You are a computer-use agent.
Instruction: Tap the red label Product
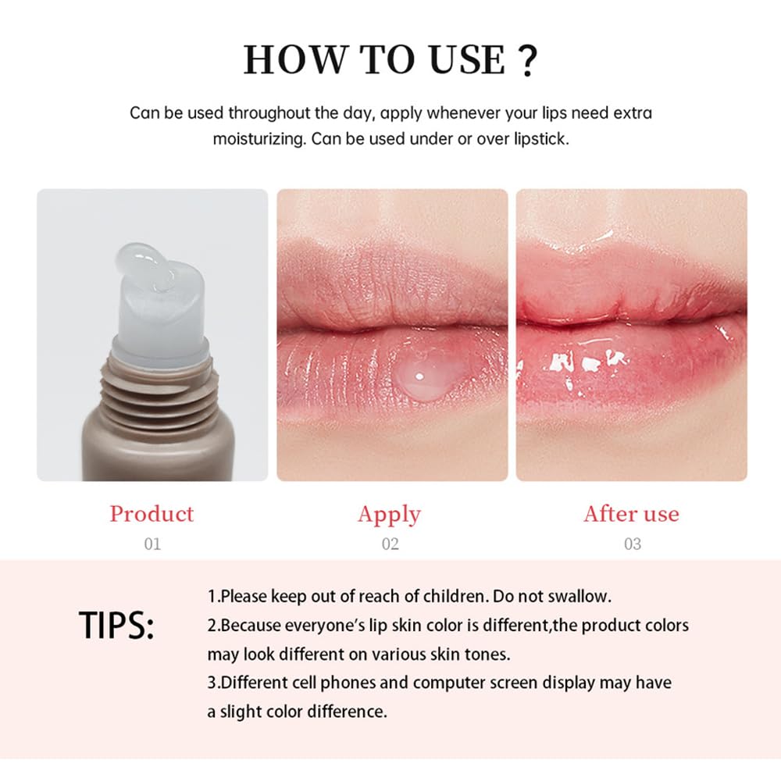[152, 514]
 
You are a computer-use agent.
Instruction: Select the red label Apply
[389, 514]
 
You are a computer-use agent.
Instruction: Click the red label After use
[631, 514]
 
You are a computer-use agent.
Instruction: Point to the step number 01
[152, 544]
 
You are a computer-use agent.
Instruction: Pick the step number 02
[390, 544]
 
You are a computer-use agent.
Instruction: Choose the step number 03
[632, 544]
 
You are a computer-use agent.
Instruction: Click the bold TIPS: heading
[117, 625]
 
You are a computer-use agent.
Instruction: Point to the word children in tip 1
[452, 597]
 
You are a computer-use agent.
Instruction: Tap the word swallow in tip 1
[580, 597]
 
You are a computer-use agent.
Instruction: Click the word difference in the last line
[350, 711]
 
